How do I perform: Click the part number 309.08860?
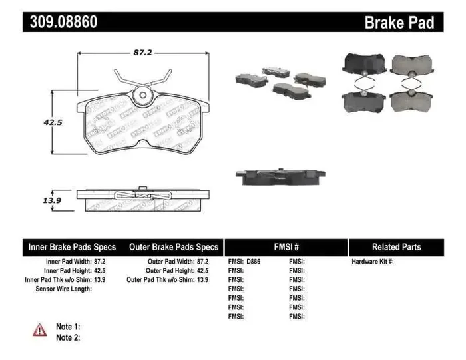63,21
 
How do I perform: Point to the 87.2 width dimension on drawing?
140,50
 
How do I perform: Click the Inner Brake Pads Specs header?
72,247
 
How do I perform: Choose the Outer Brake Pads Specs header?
173,247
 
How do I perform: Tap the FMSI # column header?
286,247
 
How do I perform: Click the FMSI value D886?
254,262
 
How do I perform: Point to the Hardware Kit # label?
373,262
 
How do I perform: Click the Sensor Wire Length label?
63,289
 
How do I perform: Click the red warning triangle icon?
40,329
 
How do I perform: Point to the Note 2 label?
67,337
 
